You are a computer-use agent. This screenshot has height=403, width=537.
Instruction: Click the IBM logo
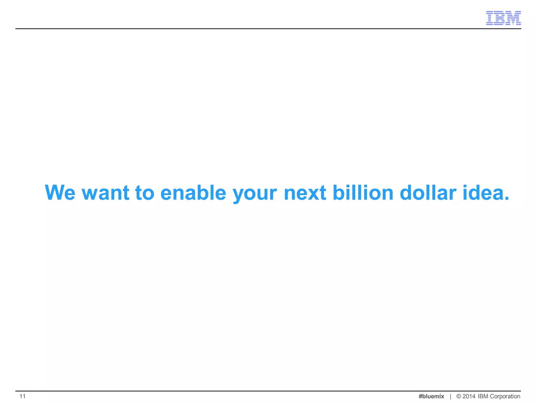pyautogui.click(x=503, y=18)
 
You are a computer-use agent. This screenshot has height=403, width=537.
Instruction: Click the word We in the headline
pyautogui.click(x=60, y=193)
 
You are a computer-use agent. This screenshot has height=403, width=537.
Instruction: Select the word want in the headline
pyautogui.click(x=106, y=193)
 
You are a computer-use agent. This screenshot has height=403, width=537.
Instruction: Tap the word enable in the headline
pyautogui.click(x=193, y=193)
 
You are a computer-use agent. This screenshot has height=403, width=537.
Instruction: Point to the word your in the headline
pyautogui.click(x=255, y=194)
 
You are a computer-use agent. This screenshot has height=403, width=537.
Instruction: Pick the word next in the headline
pyautogui.click(x=305, y=193)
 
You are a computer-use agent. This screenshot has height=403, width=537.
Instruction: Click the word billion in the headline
pyautogui.click(x=363, y=193)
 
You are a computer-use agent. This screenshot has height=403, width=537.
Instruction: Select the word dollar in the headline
pyautogui.click(x=428, y=193)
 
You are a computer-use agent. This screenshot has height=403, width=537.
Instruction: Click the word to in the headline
pyautogui.click(x=145, y=193)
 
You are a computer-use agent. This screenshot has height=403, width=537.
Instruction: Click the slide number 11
pyautogui.click(x=23, y=396)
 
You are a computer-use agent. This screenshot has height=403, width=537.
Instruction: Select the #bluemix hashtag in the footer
pyautogui.click(x=431, y=396)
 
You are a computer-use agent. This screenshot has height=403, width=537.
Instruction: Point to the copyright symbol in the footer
pyautogui.click(x=459, y=396)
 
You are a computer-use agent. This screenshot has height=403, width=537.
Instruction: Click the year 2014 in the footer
pyautogui.click(x=469, y=396)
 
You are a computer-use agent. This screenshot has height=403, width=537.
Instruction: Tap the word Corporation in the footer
pyautogui.click(x=505, y=396)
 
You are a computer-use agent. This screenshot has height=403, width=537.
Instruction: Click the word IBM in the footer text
pyautogui.click(x=483, y=396)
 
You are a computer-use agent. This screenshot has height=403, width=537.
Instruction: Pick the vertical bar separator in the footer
pyautogui.click(x=450, y=396)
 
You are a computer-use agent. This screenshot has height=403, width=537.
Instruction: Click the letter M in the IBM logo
pyautogui.click(x=513, y=18)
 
